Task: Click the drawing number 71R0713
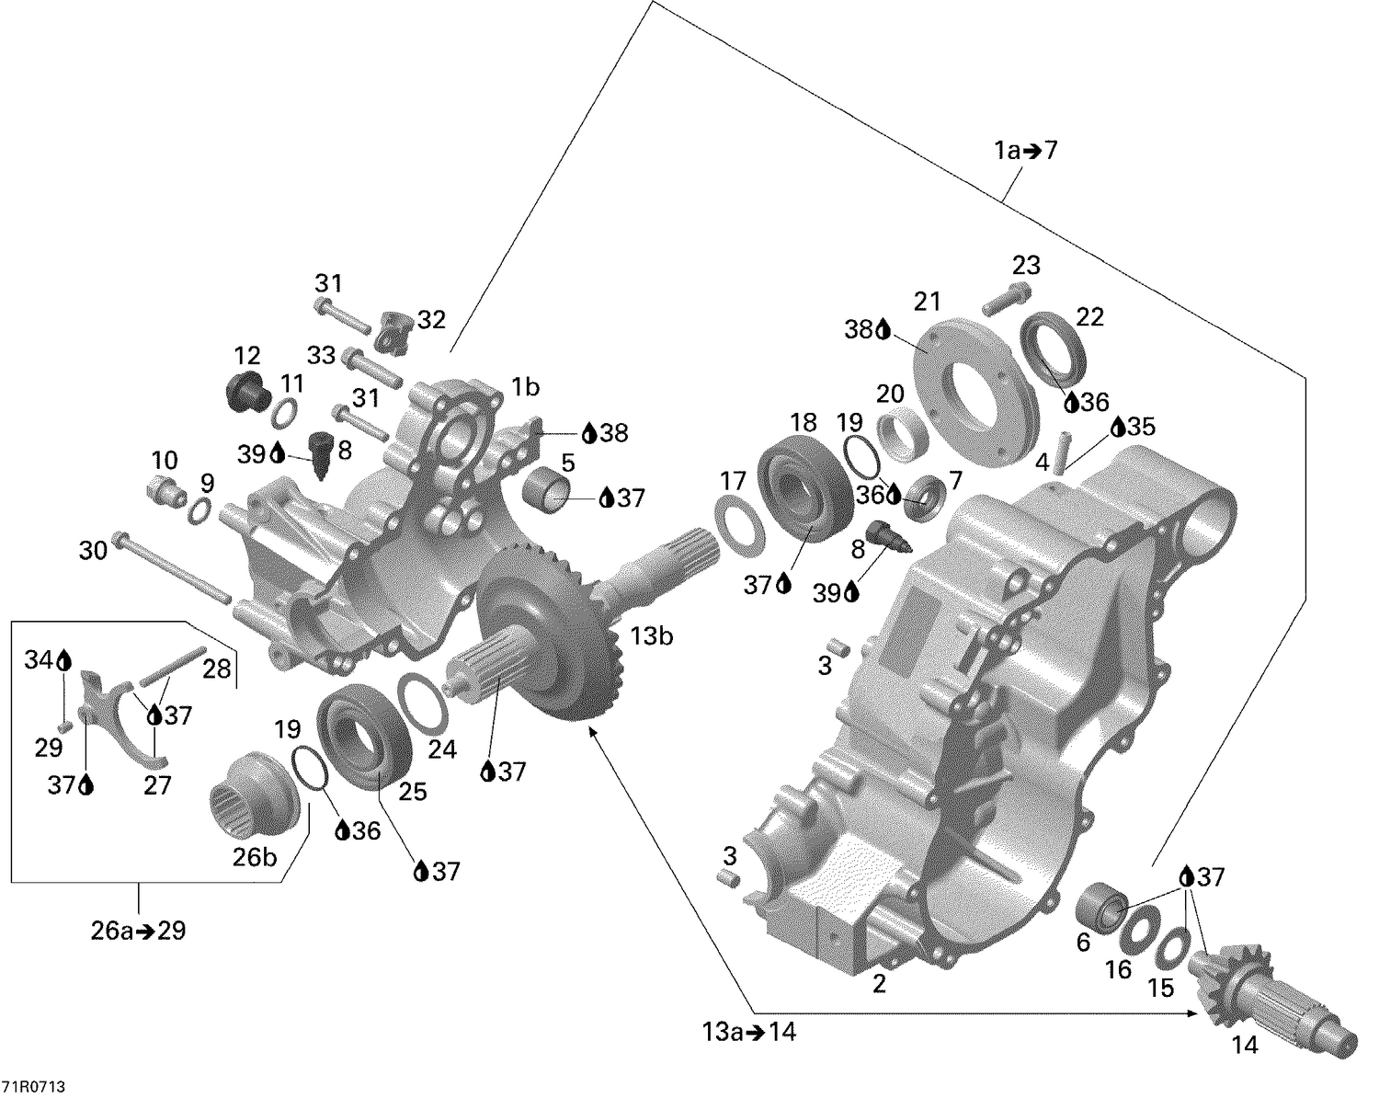pos(39,1087)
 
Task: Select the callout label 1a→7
pos(1025,150)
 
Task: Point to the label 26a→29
pos(138,931)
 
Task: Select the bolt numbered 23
pos(1008,300)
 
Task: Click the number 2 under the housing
pos(879,984)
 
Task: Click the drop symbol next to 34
pos(63,659)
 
